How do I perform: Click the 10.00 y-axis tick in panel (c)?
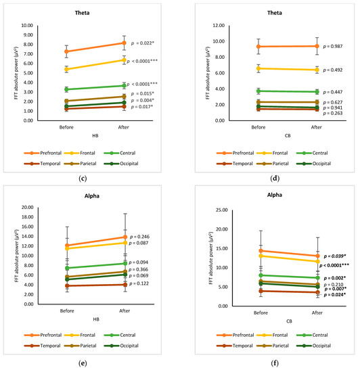coord(28,26)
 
